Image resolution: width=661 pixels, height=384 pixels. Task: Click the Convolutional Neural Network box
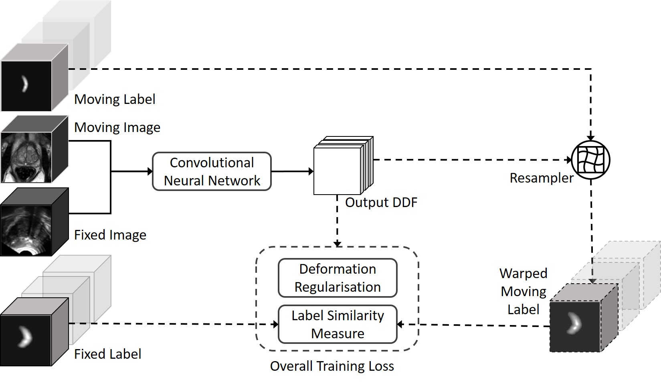pos(212,171)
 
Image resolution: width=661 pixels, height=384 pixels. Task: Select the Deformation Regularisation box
pos(338,278)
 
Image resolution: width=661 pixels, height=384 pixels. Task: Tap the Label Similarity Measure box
pos(338,324)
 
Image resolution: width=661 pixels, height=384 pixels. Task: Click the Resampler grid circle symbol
pos(590,160)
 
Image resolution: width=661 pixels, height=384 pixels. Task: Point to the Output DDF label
pos(381,202)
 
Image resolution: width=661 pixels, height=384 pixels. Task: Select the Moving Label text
pos(115,99)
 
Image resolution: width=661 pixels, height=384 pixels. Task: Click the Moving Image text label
pos(117,127)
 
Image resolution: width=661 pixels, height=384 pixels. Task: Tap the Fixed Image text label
pos(110,235)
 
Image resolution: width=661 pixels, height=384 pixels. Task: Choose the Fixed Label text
pos(107,354)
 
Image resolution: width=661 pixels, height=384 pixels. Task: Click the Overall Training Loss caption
pos(332,366)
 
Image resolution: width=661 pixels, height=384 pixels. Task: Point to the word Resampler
pos(541,178)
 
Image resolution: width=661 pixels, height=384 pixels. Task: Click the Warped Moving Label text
pos(524,291)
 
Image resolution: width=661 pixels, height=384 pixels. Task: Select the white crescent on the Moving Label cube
pos(25,84)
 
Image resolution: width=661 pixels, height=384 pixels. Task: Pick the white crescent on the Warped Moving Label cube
pos(574,323)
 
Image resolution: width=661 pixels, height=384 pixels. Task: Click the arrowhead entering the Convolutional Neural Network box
pos(150,171)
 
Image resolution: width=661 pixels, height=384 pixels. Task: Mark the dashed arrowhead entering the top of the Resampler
pos(590,138)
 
